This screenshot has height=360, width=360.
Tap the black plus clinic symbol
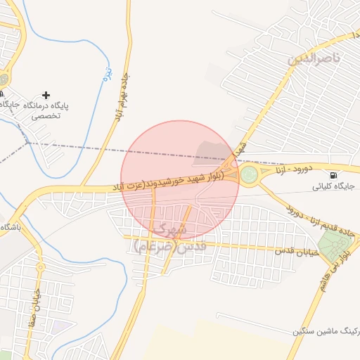point(46,95)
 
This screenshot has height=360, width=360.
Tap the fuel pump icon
point(333,174)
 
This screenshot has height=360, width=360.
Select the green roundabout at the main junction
point(249,174)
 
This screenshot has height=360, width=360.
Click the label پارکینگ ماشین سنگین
point(324,331)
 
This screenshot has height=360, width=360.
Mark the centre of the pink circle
point(180,180)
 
